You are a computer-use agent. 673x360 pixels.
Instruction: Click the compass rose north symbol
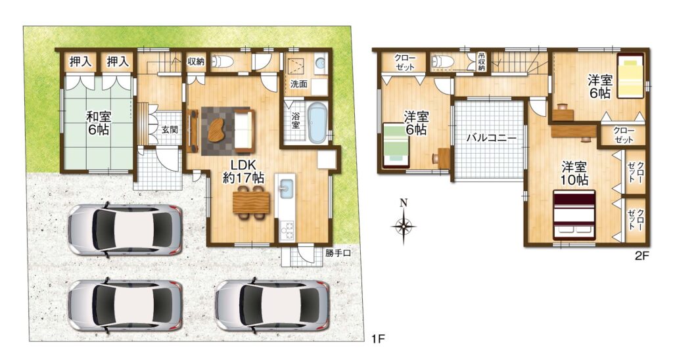(x=403, y=222)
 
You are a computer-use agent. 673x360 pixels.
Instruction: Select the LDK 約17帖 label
(x=243, y=171)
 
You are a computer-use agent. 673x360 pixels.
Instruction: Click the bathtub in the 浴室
(x=317, y=124)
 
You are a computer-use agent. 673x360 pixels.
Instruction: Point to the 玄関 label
(x=170, y=129)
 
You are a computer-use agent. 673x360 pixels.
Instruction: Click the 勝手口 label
(x=338, y=253)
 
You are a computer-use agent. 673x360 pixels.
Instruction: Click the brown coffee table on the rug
(x=219, y=129)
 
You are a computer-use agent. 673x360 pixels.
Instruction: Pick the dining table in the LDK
(x=250, y=202)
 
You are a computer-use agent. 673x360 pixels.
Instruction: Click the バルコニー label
(x=491, y=138)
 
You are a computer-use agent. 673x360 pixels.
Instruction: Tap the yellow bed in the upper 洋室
(x=631, y=76)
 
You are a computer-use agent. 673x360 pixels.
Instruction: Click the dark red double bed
(x=574, y=215)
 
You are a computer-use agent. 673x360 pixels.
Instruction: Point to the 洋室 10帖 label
(x=574, y=173)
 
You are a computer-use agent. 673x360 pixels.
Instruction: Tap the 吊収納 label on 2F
(x=482, y=62)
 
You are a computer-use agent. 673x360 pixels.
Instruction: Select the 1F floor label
(x=378, y=339)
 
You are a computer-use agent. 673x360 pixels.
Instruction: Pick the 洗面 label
(x=299, y=84)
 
